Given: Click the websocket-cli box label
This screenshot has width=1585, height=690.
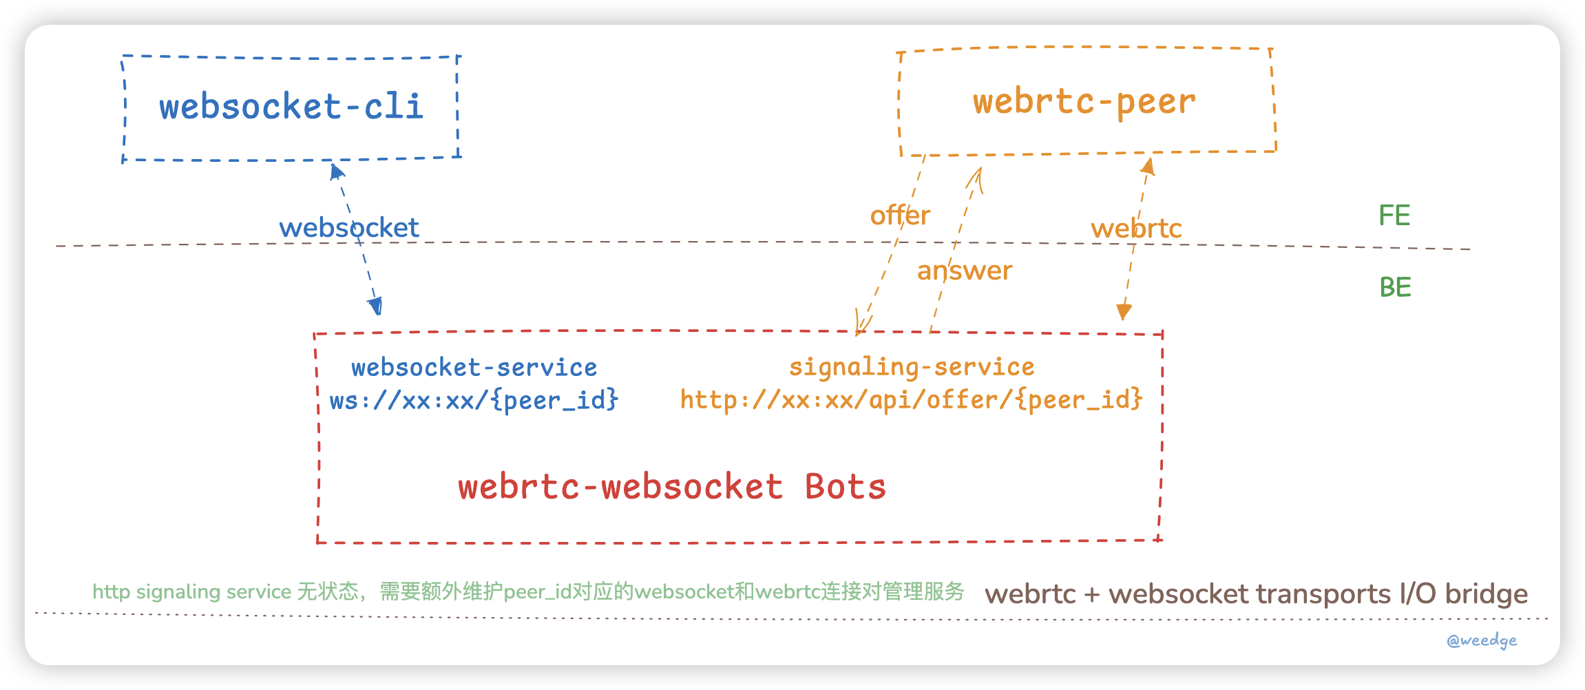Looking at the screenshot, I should pyautogui.click(x=291, y=107).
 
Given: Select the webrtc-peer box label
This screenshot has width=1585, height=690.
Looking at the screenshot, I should pyautogui.click(x=1084, y=102).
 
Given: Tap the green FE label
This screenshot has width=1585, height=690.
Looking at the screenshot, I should pyautogui.click(x=1394, y=216).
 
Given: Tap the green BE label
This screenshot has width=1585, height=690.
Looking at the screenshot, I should pyautogui.click(x=1395, y=287).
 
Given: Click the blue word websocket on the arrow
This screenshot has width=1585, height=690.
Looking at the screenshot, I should pyautogui.click(x=349, y=228).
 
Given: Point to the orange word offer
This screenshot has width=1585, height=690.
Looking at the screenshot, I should pyautogui.click(x=900, y=216).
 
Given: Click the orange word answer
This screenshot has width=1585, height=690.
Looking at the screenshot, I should pyautogui.click(x=964, y=271).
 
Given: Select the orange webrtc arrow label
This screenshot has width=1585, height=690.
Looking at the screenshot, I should pyautogui.click(x=1136, y=229).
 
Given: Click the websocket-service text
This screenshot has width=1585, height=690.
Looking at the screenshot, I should pyautogui.click(x=474, y=368).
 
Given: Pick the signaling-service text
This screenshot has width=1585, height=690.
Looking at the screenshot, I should pyautogui.click(x=912, y=367).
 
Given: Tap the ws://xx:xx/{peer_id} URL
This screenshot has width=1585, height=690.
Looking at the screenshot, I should pyautogui.click(x=474, y=400).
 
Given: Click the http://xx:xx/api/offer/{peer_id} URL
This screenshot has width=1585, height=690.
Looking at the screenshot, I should pyautogui.click(x=911, y=399).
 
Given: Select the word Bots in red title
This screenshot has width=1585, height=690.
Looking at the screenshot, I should pyautogui.click(x=845, y=487).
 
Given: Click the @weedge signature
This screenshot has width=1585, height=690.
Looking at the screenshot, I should pyautogui.click(x=1482, y=640).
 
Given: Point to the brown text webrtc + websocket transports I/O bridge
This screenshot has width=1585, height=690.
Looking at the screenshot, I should pyautogui.click(x=1256, y=594).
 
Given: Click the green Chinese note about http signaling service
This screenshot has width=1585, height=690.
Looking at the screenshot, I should pyautogui.click(x=528, y=592).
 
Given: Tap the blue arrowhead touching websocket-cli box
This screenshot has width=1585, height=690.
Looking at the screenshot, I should pyautogui.click(x=336, y=171).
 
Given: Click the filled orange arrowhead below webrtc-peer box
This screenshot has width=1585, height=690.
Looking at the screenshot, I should pyautogui.click(x=1148, y=166).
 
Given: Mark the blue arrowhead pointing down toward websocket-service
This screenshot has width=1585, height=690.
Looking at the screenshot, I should pyautogui.click(x=376, y=306).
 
